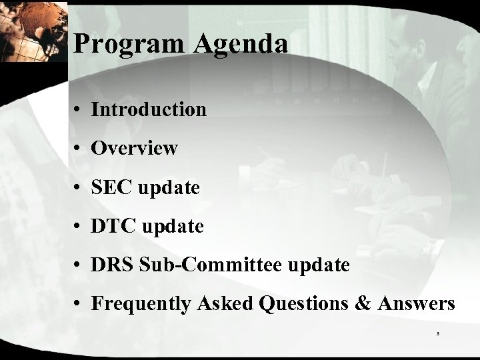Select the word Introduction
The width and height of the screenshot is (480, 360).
(x=149, y=109)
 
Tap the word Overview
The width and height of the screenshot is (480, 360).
(x=134, y=148)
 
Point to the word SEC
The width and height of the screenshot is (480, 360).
(x=113, y=188)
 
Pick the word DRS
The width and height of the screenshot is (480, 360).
(x=113, y=265)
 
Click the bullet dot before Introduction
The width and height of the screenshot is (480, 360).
(x=79, y=110)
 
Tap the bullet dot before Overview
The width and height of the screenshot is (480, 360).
(x=79, y=149)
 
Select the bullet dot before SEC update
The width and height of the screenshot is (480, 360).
(x=79, y=189)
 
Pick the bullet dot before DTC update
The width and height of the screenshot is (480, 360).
(x=79, y=227)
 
